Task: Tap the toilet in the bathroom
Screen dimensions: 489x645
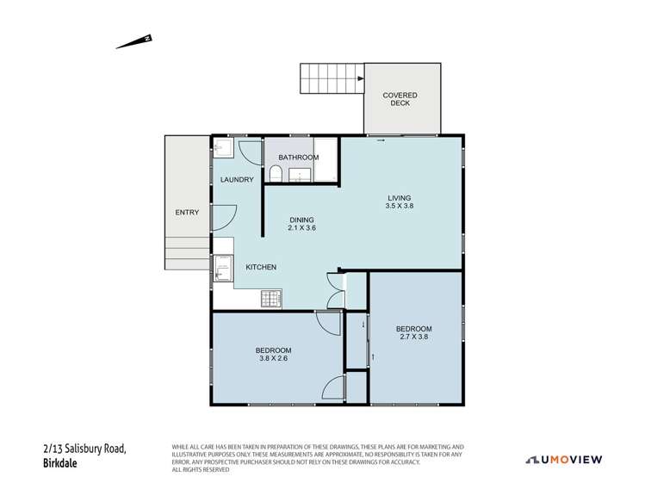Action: (x=275, y=176)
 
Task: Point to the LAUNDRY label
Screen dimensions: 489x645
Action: (x=237, y=180)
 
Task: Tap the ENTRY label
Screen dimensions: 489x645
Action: (x=187, y=213)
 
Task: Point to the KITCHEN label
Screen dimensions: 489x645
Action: (x=261, y=268)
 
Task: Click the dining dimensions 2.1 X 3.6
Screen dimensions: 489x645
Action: (x=301, y=228)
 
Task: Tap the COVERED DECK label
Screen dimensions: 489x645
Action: (x=401, y=99)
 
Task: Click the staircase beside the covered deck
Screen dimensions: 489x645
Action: (x=331, y=79)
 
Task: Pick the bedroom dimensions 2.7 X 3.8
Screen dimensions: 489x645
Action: (x=413, y=337)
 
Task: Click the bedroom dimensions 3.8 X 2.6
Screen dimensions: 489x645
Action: (x=273, y=359)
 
